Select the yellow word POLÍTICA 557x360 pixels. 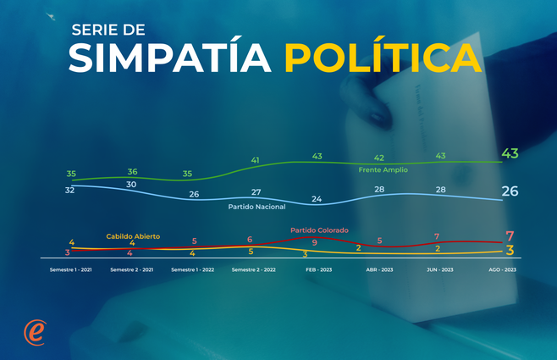(x=378, y=58)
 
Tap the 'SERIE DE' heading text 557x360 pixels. (x=108, y=30)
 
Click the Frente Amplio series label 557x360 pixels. (x=383, y=169)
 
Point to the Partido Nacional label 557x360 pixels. (x=256, y=206)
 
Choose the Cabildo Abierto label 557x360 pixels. (x=133, y=236)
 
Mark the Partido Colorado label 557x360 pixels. (x=319, y=230)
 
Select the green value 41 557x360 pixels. (x=256, y=159)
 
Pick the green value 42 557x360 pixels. (x=379, y=158)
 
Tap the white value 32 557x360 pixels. (x=71, y=190)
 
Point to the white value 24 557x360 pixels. (x=317, y=199)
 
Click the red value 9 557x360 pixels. (x=315, y=242)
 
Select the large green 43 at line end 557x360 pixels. (x=510, y=153)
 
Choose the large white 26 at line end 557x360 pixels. (x=510, y=191)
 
